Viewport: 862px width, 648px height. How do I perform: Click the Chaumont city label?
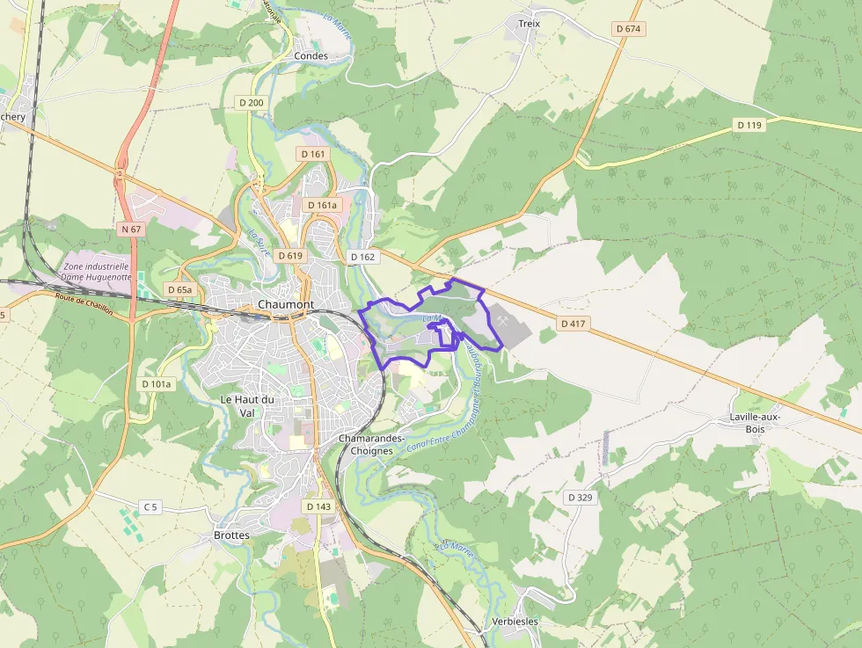[286, 304]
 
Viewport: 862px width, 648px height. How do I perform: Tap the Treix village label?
[529, 24]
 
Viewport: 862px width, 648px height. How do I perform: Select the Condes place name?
[310, 55]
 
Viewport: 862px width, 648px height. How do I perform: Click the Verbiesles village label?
[515, 622]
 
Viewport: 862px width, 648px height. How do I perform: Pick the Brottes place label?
[231, 535]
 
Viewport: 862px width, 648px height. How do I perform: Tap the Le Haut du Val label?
[247, 405]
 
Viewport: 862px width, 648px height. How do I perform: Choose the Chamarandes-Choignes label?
[371, 444]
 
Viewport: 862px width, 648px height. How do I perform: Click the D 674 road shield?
[629, 29]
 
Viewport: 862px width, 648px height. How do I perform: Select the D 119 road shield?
[749, 126]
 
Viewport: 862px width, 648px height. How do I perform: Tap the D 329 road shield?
[581, 498]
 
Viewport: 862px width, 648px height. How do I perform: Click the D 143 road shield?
[319, 507]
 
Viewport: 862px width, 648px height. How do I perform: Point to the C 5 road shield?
[151, 506]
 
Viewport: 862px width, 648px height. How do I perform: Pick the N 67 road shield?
[131, 229]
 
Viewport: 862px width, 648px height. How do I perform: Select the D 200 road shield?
[251, 103]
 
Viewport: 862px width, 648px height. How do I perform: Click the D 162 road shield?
[362, 257]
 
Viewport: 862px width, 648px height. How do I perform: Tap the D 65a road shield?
[179, 289]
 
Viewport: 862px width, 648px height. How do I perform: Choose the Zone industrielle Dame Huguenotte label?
[96, 271]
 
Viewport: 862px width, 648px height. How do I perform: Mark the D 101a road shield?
[157, 384]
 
